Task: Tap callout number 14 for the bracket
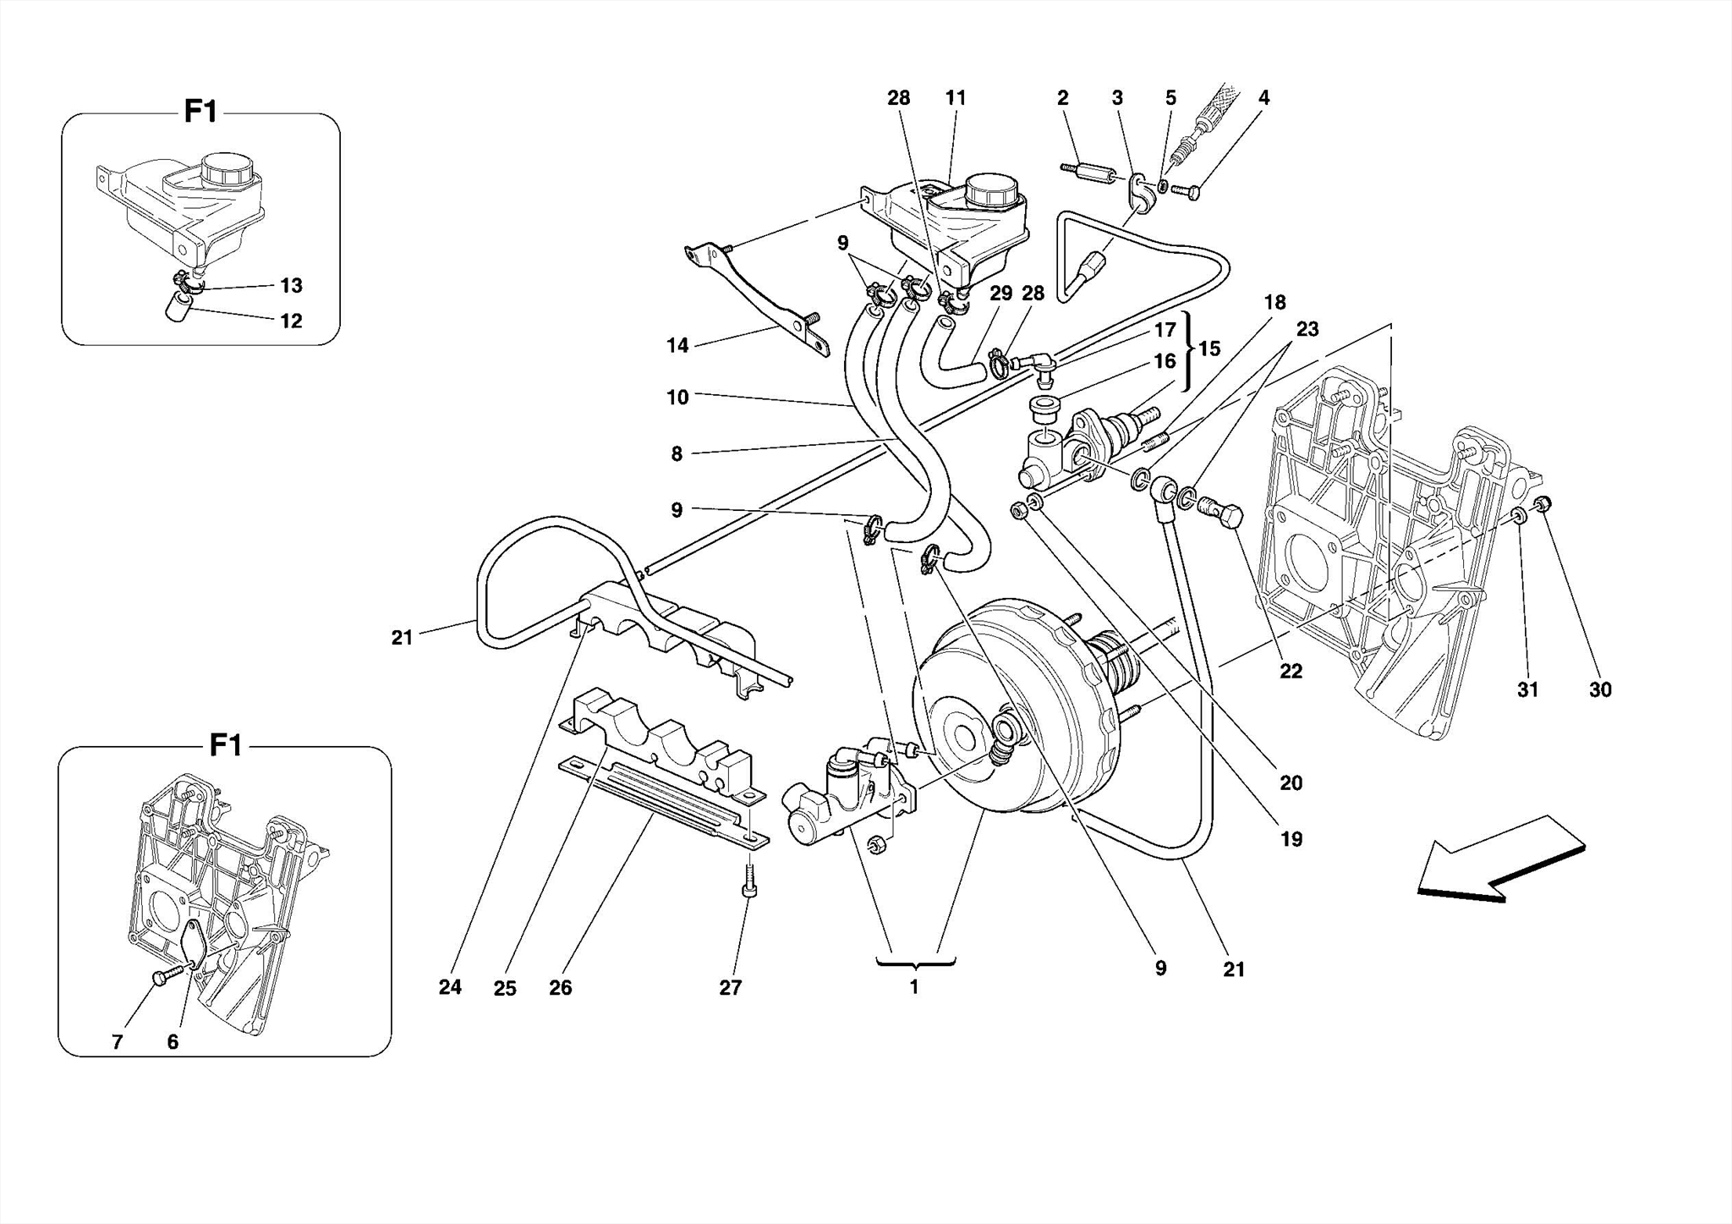point(677,345)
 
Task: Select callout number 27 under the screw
point(731,987)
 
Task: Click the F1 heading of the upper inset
point(201,112)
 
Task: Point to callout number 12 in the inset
point(291,321)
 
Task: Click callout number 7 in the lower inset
point(118,1042)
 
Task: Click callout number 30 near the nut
point(1600,690)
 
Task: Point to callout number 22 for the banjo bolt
point(1291,672)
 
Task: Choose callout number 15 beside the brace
point(1210,349)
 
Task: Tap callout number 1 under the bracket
point(913,987)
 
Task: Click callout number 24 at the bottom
point(450,987)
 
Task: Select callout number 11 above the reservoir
point(956,98)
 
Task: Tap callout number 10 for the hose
point(677,398)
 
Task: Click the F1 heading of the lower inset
point(226,745)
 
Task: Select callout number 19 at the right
point(1291,839)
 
